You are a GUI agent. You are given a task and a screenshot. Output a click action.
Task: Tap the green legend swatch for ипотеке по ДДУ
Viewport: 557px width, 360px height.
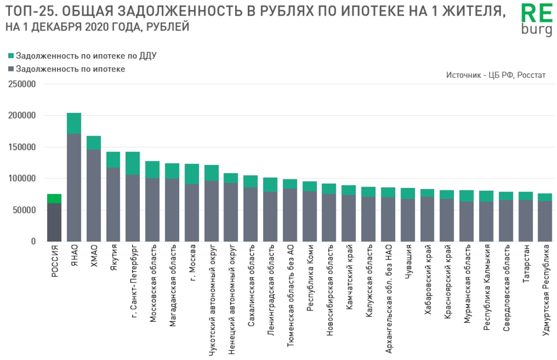click(11, 56)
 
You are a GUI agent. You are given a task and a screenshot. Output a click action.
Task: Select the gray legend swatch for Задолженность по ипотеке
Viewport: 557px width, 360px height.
click(11, 69)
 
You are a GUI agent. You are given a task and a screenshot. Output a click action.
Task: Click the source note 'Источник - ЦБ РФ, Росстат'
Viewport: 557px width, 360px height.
click(496, 75)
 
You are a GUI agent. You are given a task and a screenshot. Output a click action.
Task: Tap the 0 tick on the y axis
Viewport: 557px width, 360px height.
click(33, 241)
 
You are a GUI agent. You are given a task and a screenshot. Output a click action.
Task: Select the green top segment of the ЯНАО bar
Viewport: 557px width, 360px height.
click(74, 123)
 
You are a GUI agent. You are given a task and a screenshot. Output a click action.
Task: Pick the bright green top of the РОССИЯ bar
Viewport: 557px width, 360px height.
click(54, 198)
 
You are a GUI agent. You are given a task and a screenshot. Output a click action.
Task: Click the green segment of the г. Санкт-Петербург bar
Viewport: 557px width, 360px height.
click(133, 163)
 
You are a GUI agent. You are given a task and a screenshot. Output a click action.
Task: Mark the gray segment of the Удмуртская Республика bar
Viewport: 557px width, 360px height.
click(545, 221)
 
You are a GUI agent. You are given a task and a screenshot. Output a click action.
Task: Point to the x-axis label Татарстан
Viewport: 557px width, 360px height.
click(526, 265)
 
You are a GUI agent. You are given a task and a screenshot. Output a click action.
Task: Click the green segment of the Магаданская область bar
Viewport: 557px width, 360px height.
click(172, 171)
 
